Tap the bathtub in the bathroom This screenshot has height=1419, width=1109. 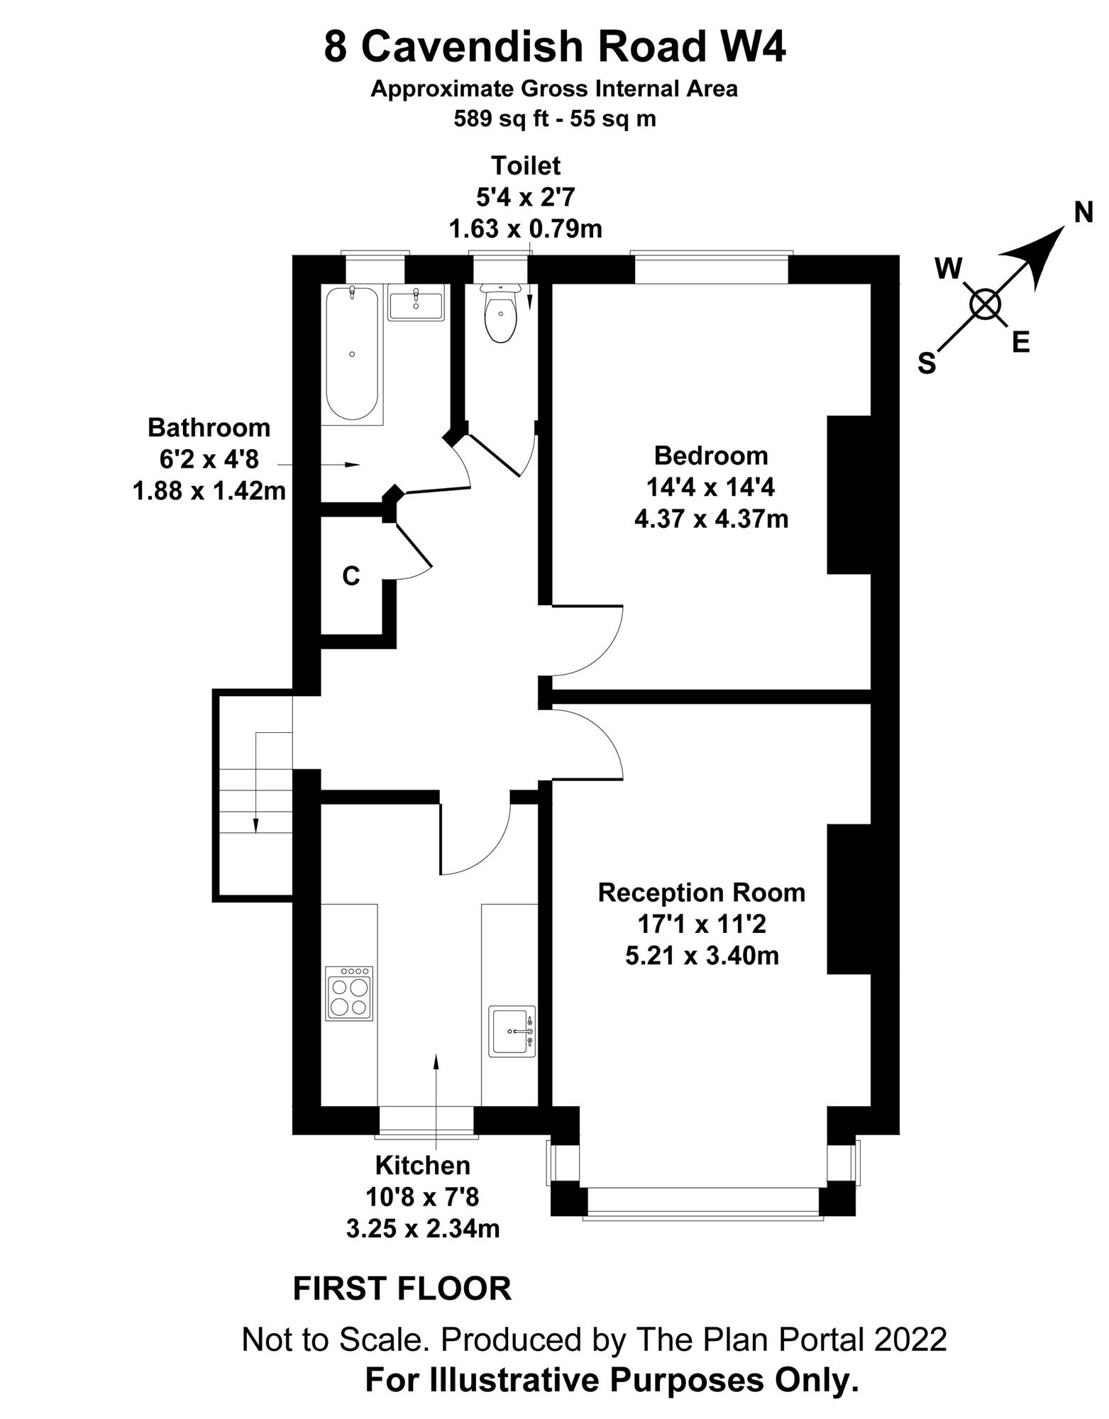352,353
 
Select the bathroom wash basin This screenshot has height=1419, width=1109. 416,302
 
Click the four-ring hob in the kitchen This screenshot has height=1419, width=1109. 348,993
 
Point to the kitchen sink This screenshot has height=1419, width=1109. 513,1030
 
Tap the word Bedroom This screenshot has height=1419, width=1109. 711,455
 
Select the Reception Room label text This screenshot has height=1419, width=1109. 702,892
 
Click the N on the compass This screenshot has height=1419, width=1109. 1083,212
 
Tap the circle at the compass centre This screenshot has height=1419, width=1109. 985,305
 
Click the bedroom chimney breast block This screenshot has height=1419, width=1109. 849,495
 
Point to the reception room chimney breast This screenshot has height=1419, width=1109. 849,899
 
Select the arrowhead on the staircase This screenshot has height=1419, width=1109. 255,824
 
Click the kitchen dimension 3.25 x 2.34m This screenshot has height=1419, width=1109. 423,1228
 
